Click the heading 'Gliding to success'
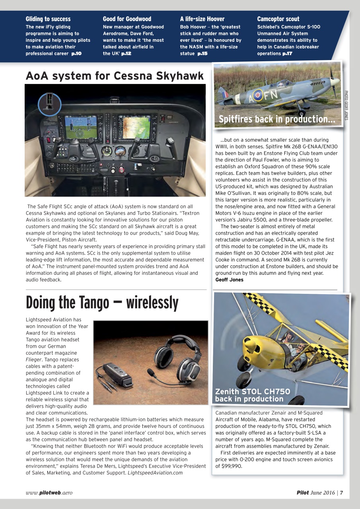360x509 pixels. tap(48, 19)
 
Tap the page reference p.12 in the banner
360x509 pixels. tap(126, 54)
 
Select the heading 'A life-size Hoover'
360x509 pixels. tap(202, 19)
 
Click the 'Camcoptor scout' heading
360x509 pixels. tap(278, 19)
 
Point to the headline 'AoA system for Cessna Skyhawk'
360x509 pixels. tap(115, 76)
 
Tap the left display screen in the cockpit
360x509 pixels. tap(81, 127)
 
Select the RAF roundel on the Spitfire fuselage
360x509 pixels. tap(258, 95)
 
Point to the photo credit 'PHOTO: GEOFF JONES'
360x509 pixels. tap(346, 105)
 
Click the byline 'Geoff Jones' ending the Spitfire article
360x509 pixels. tap(229, 280)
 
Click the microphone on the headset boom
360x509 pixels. tap(151, 373)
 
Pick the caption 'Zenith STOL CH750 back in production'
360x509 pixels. tap(253, 395)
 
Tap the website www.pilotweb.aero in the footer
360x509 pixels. tap(49, 493)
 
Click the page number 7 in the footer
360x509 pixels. tap(341, 493)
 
